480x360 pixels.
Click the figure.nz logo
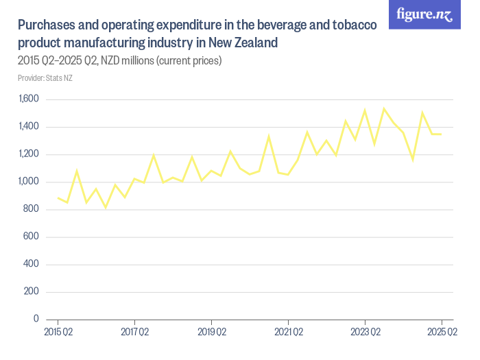(424, 14)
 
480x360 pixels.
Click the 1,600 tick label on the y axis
(29, 99)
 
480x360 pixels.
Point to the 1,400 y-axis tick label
(29, 127)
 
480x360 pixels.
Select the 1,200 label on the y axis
(29, 154)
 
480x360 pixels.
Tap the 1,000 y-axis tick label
(29, 182)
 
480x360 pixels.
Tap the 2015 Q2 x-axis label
(58, 333)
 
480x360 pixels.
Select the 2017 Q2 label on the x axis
(134, 333)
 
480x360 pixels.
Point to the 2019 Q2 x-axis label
(211, 333)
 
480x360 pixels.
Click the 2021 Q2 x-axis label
(288, 333)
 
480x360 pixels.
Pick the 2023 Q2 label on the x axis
(365, 333)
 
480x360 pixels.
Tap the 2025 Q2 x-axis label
(442, 333)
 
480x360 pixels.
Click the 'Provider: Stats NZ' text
(45, 77)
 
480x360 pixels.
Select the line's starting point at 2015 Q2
(58, 197)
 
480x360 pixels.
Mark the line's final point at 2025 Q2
(442, 134)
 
